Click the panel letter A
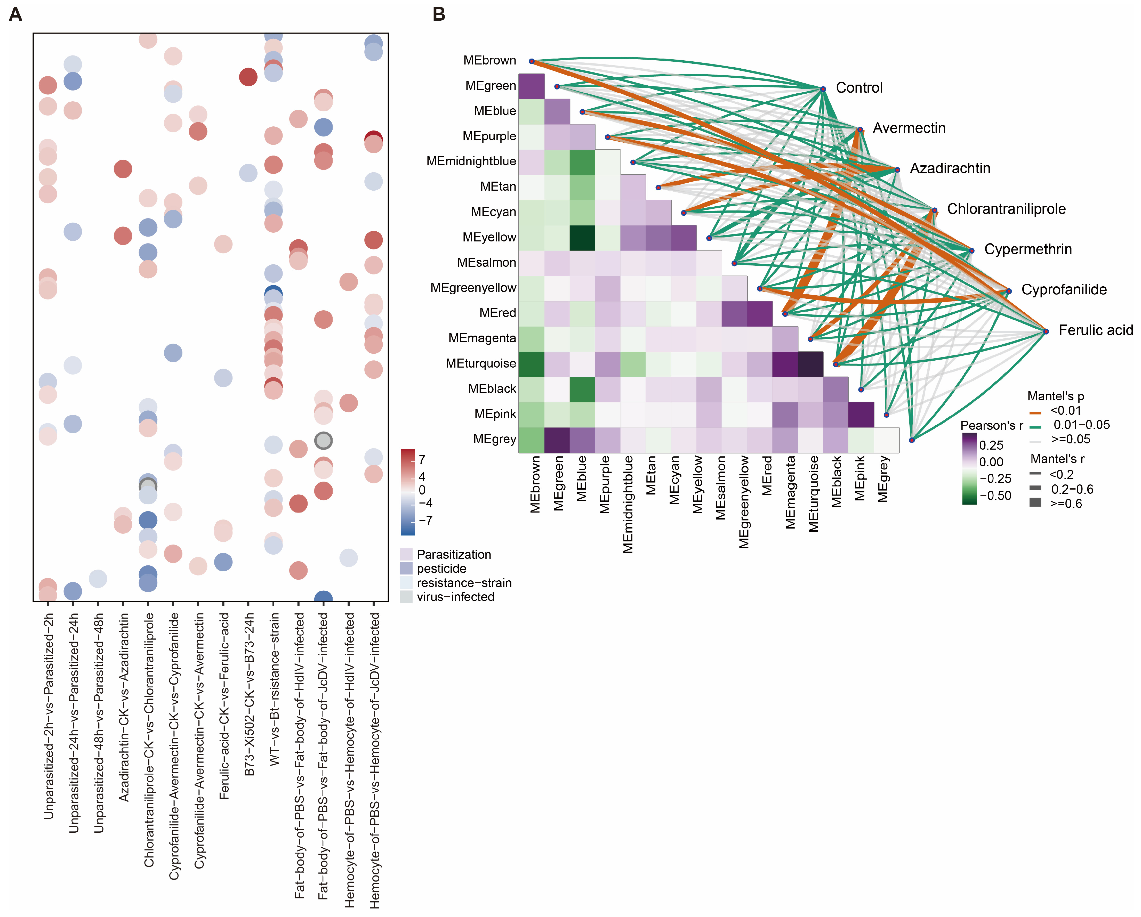[15, 14]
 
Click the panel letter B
[439, 14]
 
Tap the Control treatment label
[859, 88]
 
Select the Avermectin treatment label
[909, 128]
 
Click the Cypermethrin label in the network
[1028, 249]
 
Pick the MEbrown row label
[489, 60]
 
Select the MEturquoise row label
[480, 363]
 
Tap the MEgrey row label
[494, 439]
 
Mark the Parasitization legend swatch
[406, 554]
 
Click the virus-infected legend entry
[455, 597]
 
